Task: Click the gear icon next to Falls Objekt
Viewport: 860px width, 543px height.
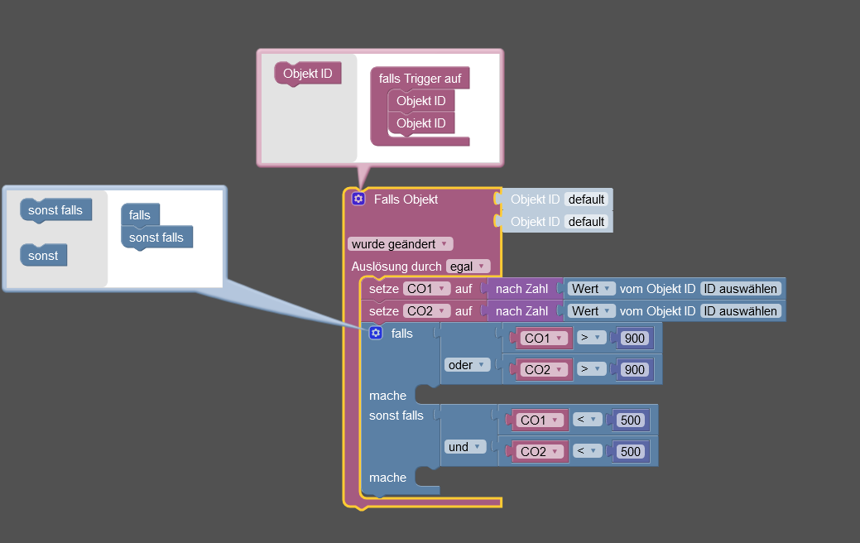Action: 358,199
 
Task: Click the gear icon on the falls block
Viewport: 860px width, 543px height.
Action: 376,333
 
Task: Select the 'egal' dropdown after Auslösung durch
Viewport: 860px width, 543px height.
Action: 468,267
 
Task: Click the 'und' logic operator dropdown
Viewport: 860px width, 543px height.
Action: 465,447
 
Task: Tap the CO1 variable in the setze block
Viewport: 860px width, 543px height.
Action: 426,289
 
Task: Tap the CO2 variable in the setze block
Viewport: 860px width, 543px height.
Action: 426,311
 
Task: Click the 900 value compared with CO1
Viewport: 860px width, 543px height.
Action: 635,338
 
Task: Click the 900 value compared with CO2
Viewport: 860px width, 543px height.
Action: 635,370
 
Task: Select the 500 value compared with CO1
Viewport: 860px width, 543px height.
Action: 631,420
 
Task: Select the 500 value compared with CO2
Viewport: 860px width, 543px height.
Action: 631,451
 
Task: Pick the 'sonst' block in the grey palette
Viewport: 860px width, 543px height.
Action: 43,256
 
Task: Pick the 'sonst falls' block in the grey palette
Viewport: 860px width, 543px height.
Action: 55,210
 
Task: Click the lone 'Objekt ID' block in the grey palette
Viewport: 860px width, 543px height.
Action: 307,74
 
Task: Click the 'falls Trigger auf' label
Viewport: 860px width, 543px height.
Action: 420,79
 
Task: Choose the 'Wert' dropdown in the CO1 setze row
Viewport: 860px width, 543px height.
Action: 591,289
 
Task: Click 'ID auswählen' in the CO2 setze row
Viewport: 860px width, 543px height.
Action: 740,311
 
